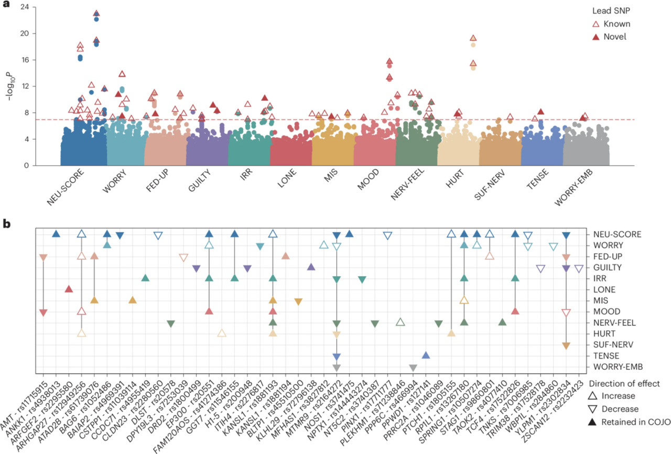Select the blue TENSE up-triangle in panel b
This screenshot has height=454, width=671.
click(x=426, y=355)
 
